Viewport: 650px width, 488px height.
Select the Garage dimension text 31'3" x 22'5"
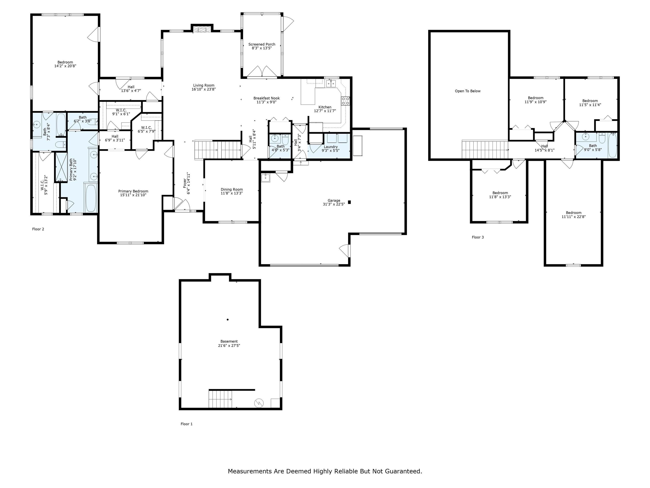(x=334, y=204)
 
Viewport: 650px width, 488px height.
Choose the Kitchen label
(x=325, y=107)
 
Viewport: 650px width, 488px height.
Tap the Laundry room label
(x=331, y=147)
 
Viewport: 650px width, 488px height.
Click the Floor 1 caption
(x=187, y=424)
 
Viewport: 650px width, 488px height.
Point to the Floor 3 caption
(x=478, y=237)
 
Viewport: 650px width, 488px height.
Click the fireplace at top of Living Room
(x=202, y=29)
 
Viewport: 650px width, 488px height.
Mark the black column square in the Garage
(x=349, y=202)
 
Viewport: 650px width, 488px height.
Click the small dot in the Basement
(x=228, y=319)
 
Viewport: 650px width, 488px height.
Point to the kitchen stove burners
(x=345, y=101)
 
